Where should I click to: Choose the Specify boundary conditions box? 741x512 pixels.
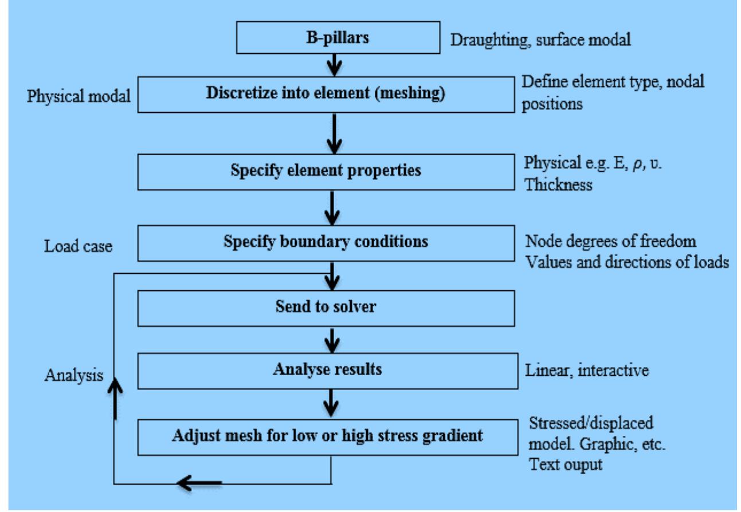click(x=326, y=242)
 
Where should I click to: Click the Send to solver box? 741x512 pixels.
click(x=326, y=306)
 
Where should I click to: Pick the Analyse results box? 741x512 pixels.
click(x=326, y=369)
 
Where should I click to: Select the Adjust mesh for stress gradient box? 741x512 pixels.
click(x=326, y=436)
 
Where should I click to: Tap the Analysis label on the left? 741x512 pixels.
click(x=73, y=375)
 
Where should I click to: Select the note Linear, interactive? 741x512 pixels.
click(x=587, y=370)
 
